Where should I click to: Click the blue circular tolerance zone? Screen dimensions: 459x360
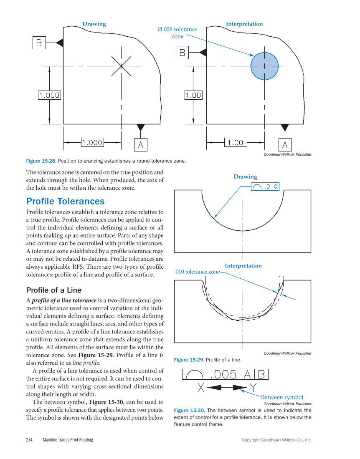coord(264,66)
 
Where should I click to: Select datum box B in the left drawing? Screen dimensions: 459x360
coord(39,43)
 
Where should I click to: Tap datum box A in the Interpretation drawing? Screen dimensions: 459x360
coord(285,144)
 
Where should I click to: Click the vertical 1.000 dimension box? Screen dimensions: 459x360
coord(49,95)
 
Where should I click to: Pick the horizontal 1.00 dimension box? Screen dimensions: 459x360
coord(235,143)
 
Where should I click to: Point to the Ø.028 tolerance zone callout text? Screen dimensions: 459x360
coord(177,33)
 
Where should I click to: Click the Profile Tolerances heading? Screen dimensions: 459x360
coord(65,201)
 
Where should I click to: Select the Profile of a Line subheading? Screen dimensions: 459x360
coord(54,290)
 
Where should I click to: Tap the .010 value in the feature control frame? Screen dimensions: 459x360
coord(271,187)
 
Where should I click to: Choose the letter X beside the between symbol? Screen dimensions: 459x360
coord(201,388)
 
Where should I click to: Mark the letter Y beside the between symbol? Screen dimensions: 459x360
coord(253,388)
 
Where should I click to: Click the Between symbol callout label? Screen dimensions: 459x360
coord(282,397)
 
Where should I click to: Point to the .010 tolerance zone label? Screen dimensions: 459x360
coord(197,272)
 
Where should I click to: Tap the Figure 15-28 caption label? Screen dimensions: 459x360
coord(39,161)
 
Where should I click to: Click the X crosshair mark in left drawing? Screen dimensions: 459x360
coord(121,66)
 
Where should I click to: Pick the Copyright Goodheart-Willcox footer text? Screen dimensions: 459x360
coord(276,440)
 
